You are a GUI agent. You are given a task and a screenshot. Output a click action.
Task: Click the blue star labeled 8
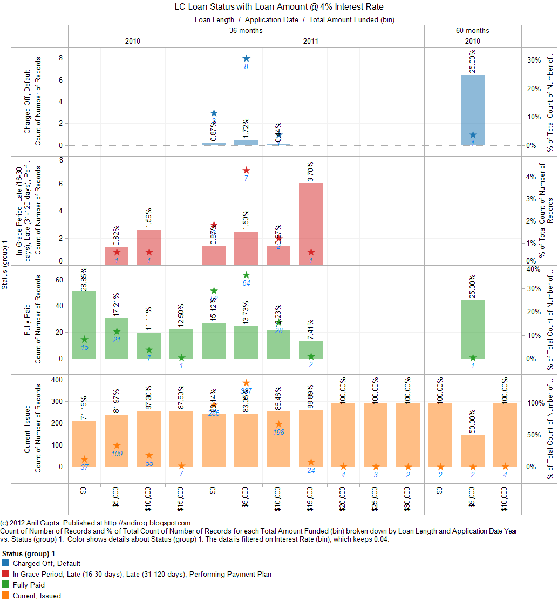[246, 58]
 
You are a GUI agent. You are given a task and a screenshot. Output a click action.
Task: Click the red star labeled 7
[246, 170]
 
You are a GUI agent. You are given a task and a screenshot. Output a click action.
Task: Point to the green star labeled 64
[246, 275]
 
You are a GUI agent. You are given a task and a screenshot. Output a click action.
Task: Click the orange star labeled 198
[278, 424]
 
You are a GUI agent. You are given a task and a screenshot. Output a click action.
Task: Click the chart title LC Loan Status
[279, 7]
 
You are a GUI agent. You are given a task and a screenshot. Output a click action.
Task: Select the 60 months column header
[473, 31]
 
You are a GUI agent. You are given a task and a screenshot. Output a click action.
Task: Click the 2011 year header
[310, 41]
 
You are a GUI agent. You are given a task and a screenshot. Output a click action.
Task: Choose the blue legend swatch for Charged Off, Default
[6, 563]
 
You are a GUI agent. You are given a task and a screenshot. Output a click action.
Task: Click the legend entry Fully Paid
[29, 585]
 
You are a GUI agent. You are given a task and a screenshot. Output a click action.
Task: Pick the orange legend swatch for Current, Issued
[6, 596]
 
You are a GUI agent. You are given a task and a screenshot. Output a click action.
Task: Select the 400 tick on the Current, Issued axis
[56, 380]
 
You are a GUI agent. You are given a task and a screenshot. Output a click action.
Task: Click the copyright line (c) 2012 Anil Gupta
[96, 523]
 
